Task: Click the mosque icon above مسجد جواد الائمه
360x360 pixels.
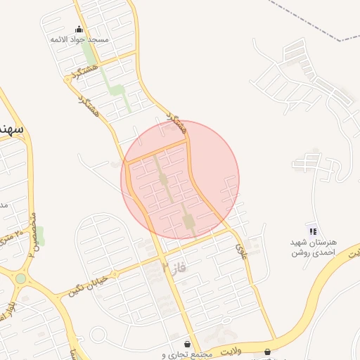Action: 79,30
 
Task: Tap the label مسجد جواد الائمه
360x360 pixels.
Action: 79,40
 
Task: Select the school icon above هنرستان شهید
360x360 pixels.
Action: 313,231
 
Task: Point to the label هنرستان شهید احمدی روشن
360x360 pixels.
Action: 314,247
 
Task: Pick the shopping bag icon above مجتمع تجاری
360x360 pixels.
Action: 188,344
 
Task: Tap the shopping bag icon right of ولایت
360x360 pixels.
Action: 268,352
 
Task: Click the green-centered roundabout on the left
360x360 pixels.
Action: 20,278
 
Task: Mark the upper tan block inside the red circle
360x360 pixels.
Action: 163,180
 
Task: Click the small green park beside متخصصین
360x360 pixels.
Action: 39,236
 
